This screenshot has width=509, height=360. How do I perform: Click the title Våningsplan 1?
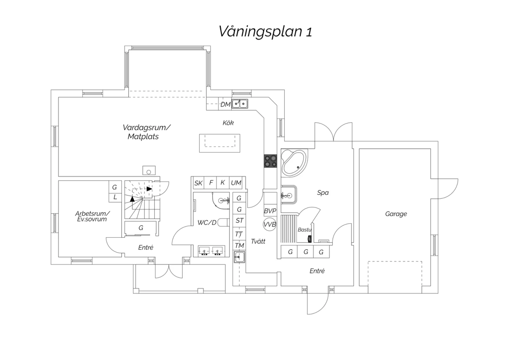tap(265, 31)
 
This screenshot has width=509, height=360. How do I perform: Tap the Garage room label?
tap(396, 214)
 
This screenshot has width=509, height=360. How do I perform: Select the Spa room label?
tap(323, 193)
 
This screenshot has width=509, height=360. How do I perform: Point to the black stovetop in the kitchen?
tap(270, 161)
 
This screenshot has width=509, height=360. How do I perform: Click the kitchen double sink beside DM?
tap(240, 104)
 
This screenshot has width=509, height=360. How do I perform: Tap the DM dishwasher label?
tap(225, 104)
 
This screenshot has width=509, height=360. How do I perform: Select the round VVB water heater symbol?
tap(270, 224)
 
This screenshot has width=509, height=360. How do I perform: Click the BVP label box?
tap(270, 211)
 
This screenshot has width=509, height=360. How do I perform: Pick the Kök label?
tap(228, 123)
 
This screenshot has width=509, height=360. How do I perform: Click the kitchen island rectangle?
tap(220, 143)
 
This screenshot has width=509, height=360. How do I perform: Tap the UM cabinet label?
tap(236, 183)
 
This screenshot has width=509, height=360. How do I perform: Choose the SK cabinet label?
tap(199, 183)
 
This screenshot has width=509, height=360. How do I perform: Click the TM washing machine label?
tap(239, 246)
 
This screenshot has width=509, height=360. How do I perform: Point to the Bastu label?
tap(304, 230)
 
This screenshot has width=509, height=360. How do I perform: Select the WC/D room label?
tap(207, 223)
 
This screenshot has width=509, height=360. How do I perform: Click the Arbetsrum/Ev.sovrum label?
tap(92, 216)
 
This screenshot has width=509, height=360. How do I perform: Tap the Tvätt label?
tap(258, 241)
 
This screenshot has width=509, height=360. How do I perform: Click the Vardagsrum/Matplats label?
tap(146, 132)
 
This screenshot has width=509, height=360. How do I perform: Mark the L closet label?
tap(115, 197)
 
